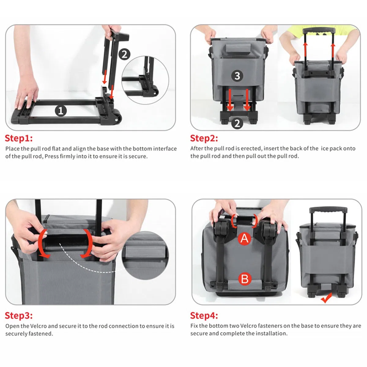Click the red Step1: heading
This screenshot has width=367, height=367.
click(x=19, y=138)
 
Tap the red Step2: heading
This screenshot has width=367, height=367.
click(x=204, y=138)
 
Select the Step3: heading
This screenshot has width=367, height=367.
click(x=19, y=315)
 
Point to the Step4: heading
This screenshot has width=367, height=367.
click(x=204, y=315)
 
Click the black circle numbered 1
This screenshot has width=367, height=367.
click(x=61, y=111)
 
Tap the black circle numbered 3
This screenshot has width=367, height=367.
click(x=237, y=76)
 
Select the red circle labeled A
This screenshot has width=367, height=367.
click(x=245, y=239)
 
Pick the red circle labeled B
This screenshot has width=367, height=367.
click(x=245, y=279)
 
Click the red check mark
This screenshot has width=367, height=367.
click(x=326, y=298)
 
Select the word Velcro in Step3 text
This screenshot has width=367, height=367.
click(x=38, y=326)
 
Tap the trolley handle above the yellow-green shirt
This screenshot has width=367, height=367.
click(x=319, y=31)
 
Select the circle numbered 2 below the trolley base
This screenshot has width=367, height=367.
click(x=237, y=124)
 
